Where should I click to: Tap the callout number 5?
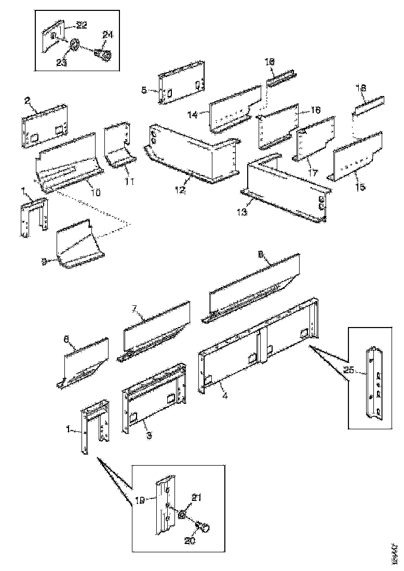(x=144, y=89)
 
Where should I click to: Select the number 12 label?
(x=179, y=191)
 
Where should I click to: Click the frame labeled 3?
(x=153, y=400)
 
